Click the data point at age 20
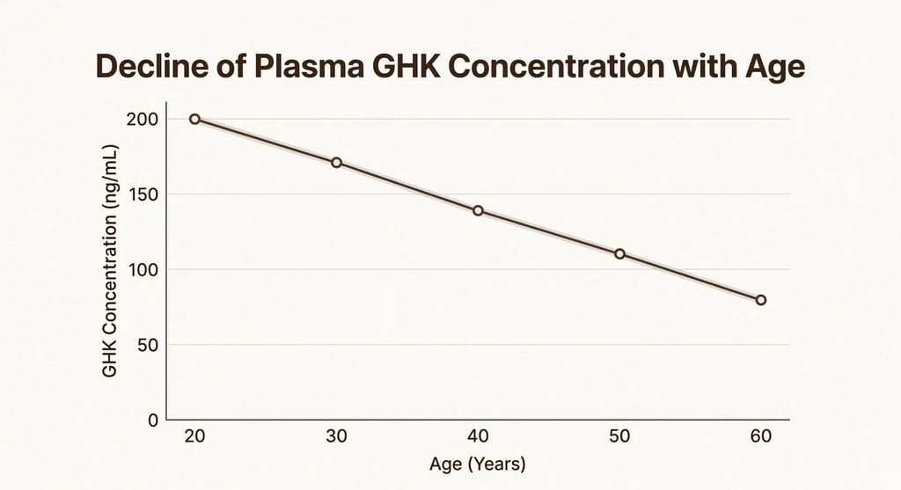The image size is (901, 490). (194, 119)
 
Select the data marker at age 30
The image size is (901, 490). (336, 163)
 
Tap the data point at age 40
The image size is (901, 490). (478, 210)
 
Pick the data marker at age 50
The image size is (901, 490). (619, 253)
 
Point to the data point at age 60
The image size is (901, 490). (761, 300)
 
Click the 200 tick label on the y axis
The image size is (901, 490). (143, 119)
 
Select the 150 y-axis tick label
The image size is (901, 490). (143, 194)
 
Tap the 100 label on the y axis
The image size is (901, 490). (143, 269)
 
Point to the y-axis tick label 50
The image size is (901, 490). (147, 345)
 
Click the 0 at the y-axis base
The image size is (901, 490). (153, 421)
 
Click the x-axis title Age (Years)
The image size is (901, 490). (477, 464)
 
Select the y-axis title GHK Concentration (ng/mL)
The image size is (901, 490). (110, 260)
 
